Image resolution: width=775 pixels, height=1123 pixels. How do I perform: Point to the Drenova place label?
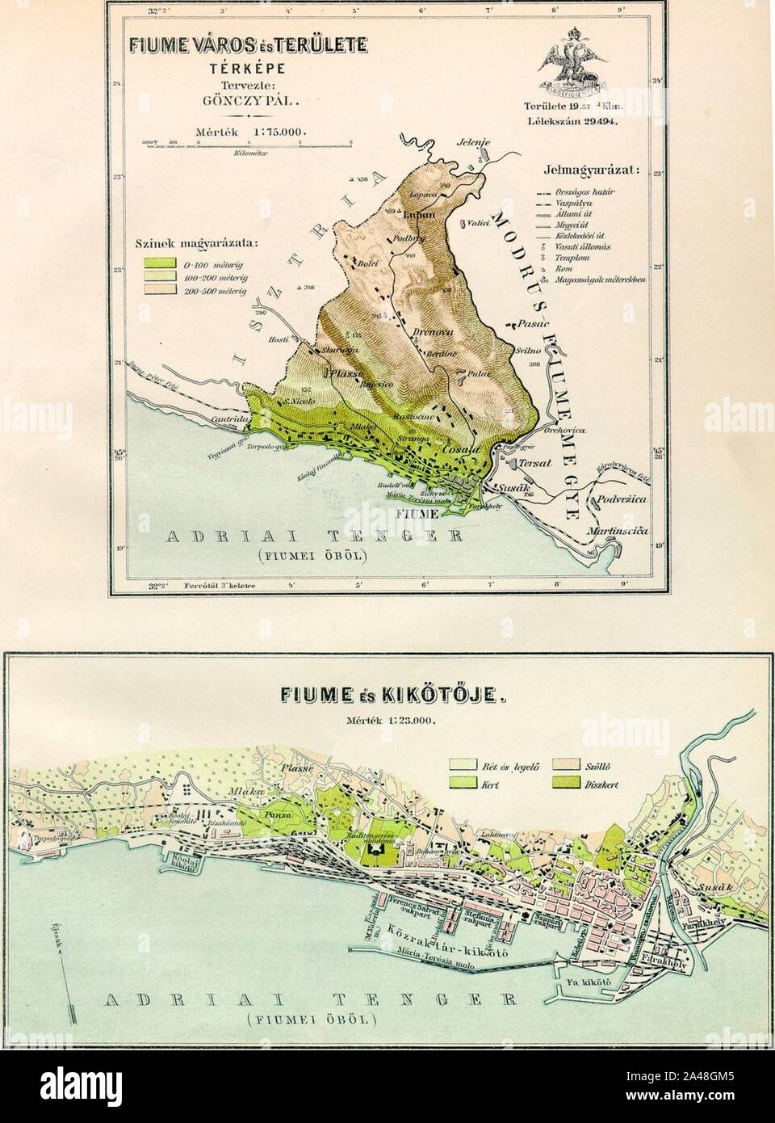(x=426, y=332)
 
